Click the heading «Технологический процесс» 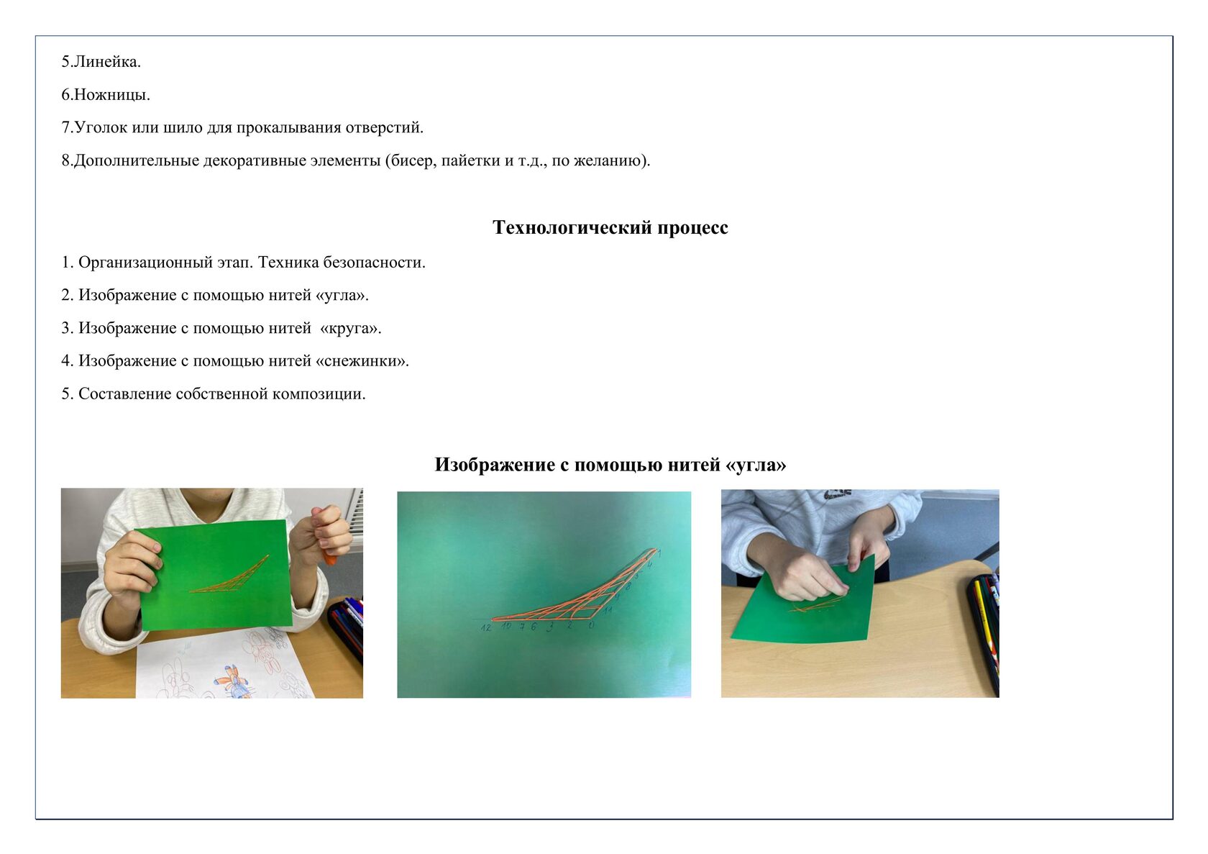[x=610, y=227]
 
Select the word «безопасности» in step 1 [x=373, y=263]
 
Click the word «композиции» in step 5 [x=317, y=394]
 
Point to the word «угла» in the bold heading [x=758, y=465]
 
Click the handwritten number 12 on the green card [x=486, y=627]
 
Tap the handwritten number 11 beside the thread [x=607, y=610]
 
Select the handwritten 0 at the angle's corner [x=592, y=625]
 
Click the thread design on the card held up [x=229, y=574]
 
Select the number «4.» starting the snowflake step [x=67, y=361]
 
